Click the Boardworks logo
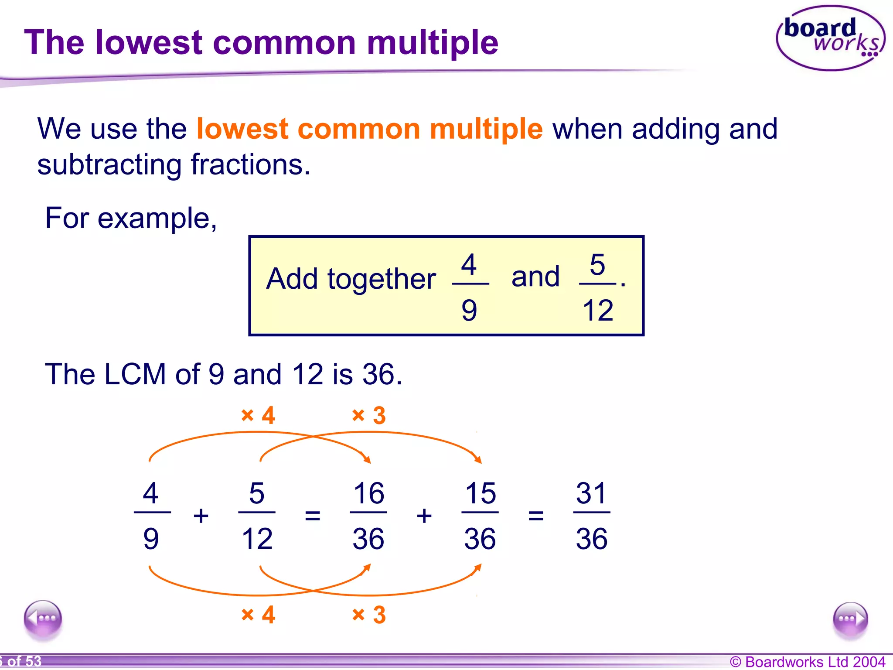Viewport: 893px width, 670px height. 830,38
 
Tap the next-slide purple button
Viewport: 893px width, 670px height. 850,619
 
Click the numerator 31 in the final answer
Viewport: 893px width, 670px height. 591,493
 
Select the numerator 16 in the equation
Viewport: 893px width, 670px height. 369,493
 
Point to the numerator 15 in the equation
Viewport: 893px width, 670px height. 481,493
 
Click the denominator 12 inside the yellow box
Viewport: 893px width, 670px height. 598,311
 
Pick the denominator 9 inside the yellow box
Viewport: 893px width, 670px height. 469,311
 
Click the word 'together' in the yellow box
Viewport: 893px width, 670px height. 382,279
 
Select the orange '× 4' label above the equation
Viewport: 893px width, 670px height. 258,415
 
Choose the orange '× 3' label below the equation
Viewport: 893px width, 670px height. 369,615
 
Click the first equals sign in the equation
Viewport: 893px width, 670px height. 313,516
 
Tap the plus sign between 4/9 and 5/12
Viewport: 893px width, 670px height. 201,516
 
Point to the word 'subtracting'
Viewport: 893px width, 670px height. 109,165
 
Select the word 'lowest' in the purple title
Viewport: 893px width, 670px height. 149,42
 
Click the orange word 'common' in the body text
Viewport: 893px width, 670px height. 359,129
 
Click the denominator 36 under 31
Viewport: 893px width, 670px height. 591,539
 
